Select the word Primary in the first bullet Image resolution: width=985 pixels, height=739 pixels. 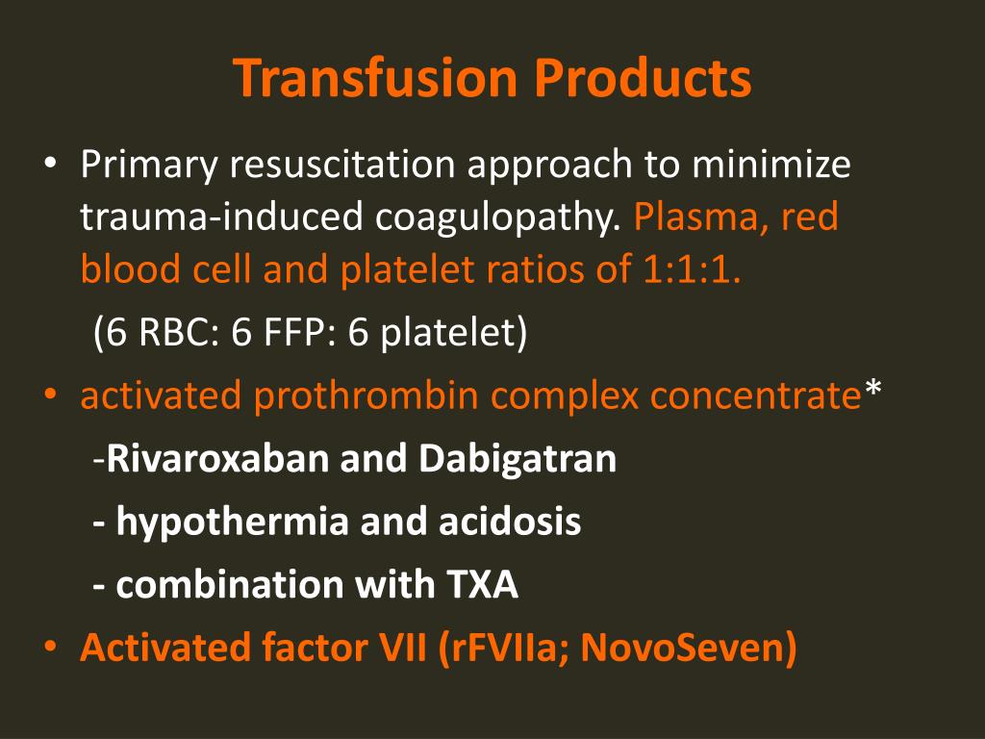point(149,166)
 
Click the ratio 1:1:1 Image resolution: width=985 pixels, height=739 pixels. point(692,269)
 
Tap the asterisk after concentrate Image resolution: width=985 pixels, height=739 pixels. point(872,390)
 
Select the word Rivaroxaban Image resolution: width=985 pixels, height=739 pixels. point(217,458)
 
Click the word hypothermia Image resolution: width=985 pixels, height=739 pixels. point(233,522)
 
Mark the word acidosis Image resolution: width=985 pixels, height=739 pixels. point(510,522)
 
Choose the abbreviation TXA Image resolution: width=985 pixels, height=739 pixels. point(483,585)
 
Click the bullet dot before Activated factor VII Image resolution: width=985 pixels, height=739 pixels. point(50,647)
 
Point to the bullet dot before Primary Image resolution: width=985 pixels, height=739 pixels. point(50,163)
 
